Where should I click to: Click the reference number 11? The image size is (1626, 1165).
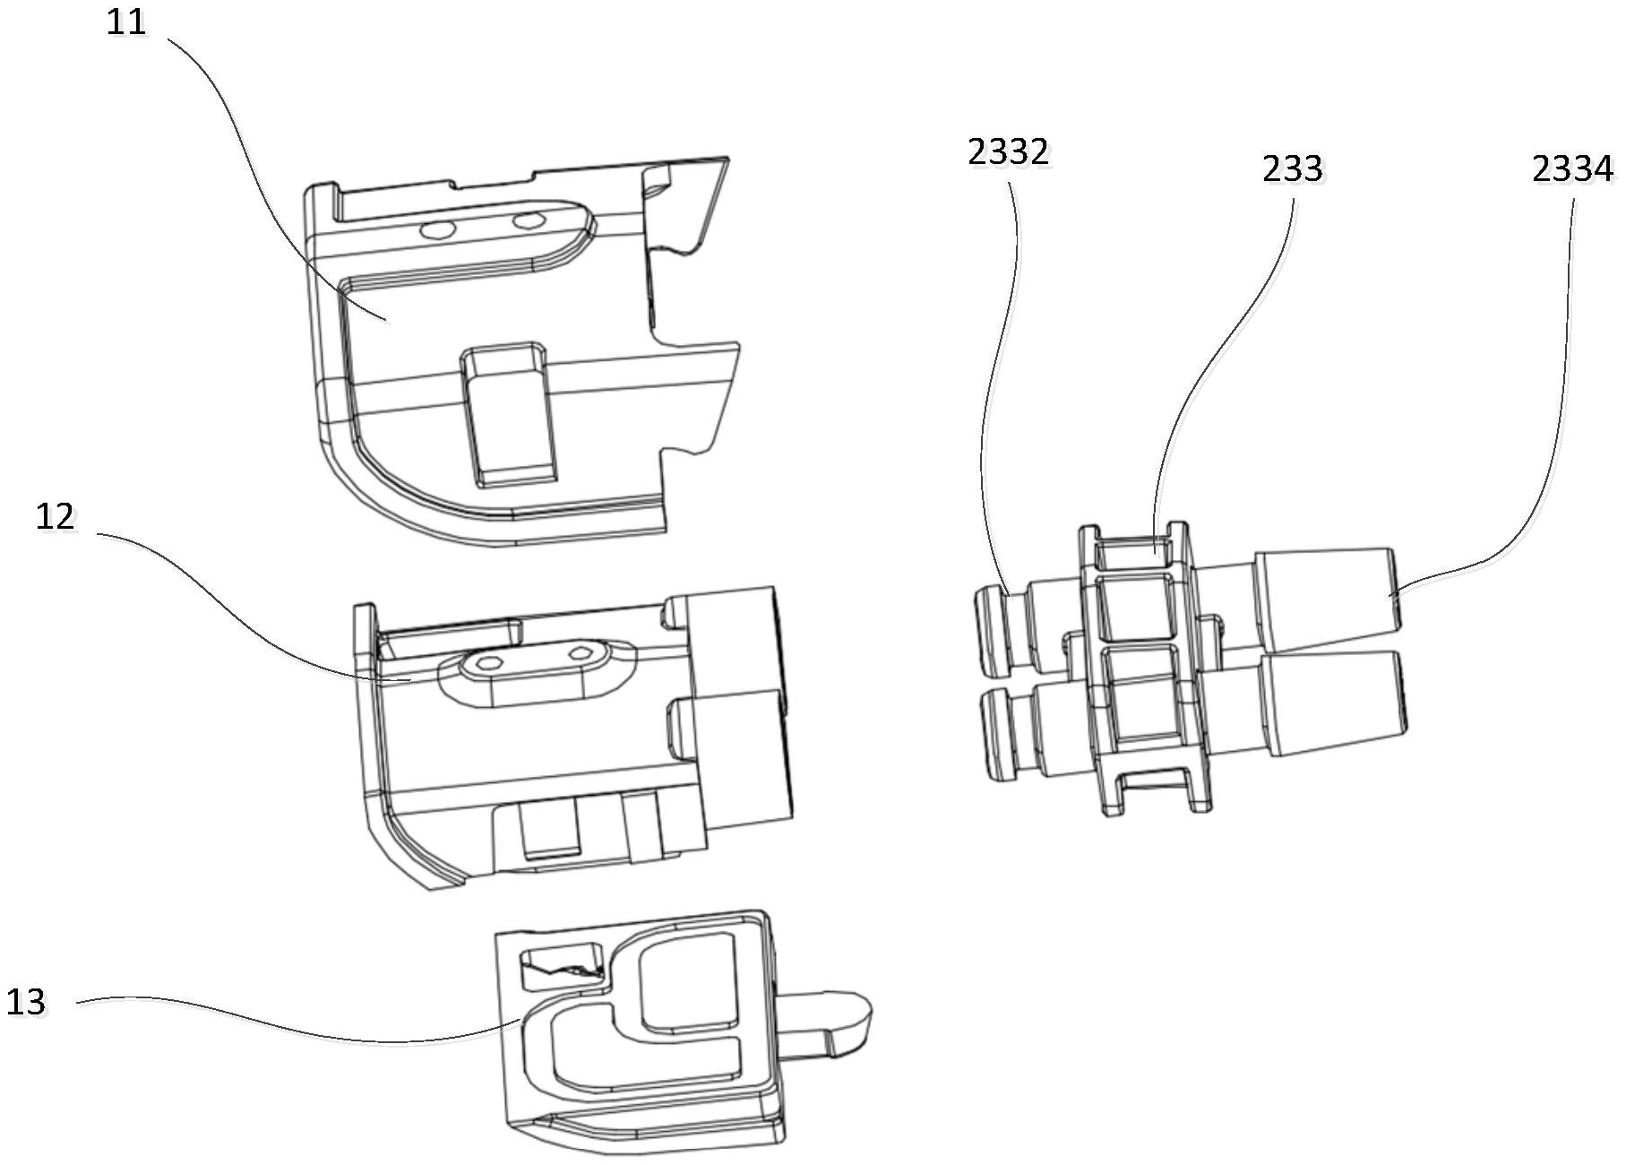tap(125, 22)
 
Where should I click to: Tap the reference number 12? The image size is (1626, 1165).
tap(55, 517)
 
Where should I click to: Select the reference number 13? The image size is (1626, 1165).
tap(26, 1001)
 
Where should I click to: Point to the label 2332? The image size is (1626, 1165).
tap(1008, 152)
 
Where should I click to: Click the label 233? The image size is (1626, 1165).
tap(1292, 168)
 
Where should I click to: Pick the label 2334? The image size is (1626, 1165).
tap(1571, 168)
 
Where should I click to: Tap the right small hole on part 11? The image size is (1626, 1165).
tap(527, 220)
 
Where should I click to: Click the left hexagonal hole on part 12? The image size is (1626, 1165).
tap(489, 663)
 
